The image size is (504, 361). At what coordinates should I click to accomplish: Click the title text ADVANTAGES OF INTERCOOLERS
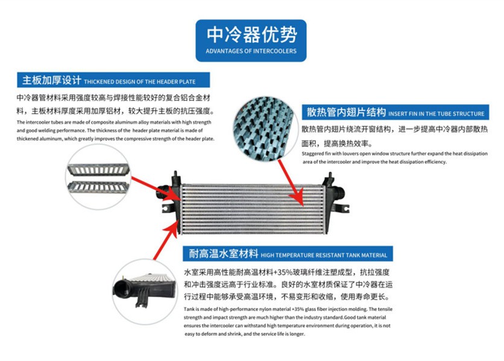[251, 51]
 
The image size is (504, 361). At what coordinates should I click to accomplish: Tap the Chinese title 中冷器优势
[251, 34]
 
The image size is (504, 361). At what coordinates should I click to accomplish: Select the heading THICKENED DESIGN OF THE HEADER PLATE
[139, 81]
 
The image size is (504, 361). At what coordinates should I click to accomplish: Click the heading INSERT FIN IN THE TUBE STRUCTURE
[436, 113]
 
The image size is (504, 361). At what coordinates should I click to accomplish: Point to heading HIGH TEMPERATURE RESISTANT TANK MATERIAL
[324, 255]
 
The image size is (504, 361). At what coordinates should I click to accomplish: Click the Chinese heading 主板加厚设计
[51, 80]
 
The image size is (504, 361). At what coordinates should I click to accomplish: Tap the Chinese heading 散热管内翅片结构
[346, 112]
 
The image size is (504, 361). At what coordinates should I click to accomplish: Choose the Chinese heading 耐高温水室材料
[224, 254]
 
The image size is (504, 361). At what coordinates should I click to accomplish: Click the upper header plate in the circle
[98, 170]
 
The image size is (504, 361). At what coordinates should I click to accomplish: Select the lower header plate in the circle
[98, 187]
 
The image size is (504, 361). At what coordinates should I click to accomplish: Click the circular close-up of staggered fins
[263, 129]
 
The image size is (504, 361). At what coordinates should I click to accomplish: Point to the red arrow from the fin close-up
[291, 182]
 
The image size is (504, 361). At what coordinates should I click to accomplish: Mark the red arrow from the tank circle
[166, 241]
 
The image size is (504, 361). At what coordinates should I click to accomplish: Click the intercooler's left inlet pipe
[163, 193]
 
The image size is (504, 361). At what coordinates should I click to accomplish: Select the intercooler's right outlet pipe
[338, 194]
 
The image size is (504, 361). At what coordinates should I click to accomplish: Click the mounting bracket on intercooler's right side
[342, 208]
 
